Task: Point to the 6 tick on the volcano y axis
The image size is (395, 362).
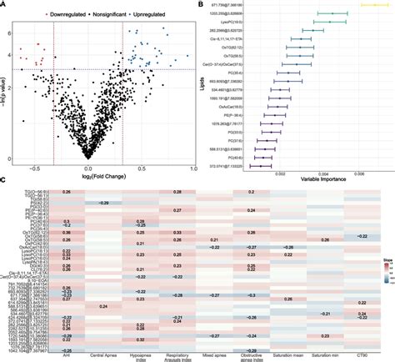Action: [9, 33]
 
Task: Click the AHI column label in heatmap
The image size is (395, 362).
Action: [66, 355]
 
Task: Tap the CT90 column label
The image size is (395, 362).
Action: [360, 355]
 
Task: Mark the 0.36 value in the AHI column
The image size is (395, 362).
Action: [66, 232]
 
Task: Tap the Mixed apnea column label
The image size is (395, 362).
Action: [213, 355]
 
